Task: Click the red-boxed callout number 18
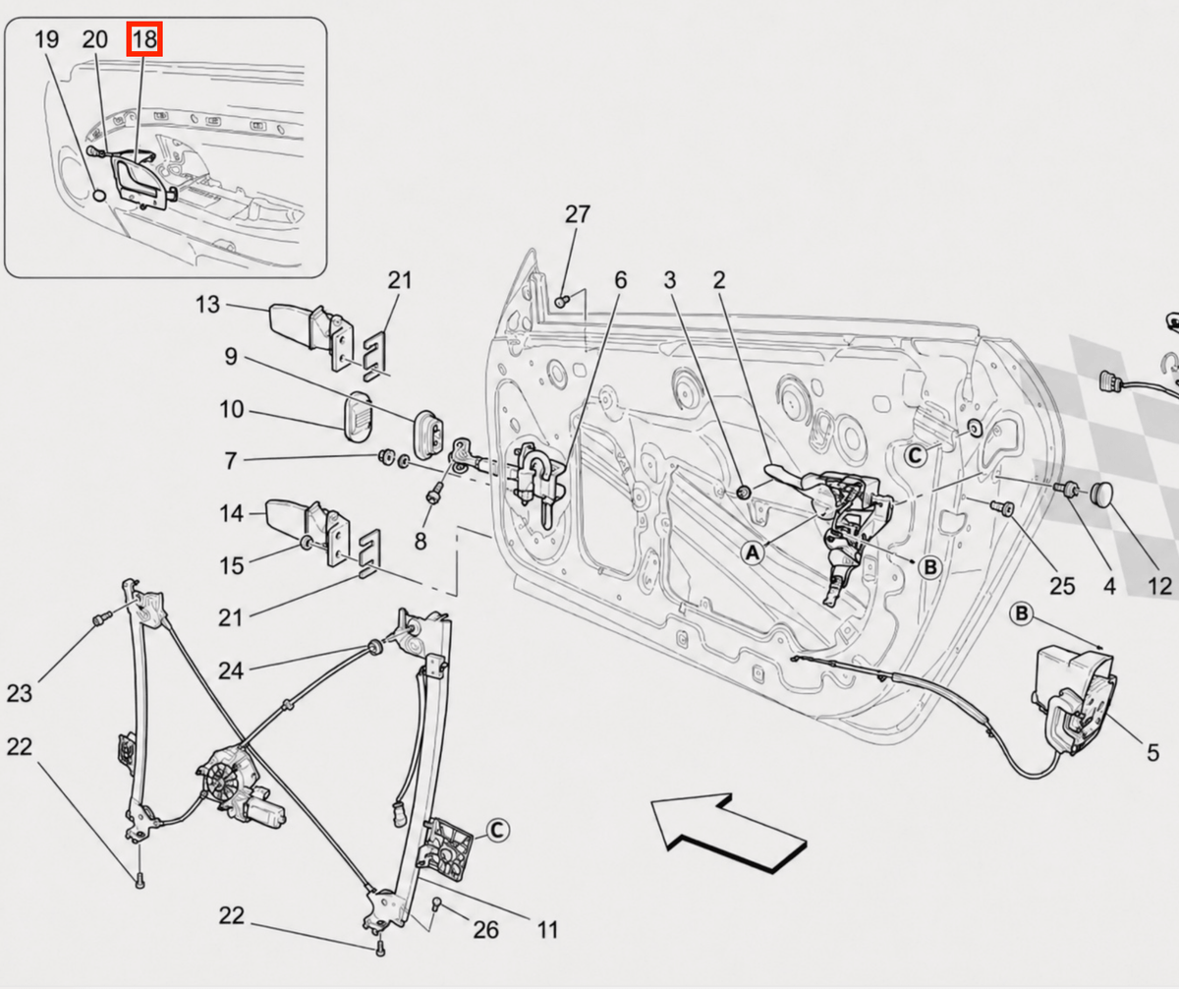click(x=144, y=39)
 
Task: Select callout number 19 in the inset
click(x=47, y=39)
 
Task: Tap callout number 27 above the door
click(x=577, y=214)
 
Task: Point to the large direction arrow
click(x=729, y=833)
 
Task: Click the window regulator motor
click(x=237, y=787)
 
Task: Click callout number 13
click(x=207, y=305)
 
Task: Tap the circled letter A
click(x=753, y=553)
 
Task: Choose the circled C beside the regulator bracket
click(x=497, y=830)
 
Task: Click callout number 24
click(x=231, y=670)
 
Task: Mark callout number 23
click(x=20, y=693)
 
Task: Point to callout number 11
click(x=547, y=929)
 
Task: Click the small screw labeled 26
click(x=436, y=904)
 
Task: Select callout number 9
click(x=231, y=357)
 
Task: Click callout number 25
click(x=1061, y=586)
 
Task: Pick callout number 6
click(x=621, y=280)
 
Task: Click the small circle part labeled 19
click(x=98, y=195)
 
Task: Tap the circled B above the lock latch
click(x=1022, y=613)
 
